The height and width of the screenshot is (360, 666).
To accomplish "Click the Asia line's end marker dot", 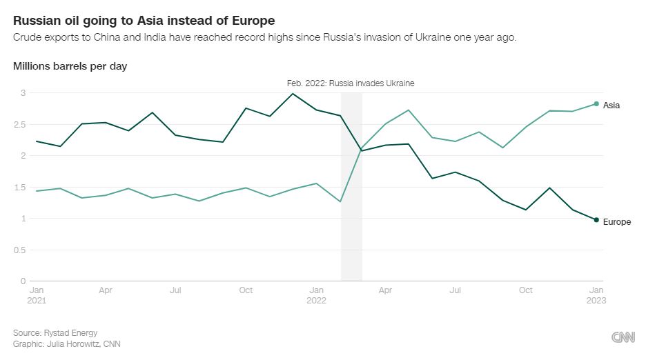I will (596, 104).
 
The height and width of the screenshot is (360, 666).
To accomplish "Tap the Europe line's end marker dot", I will (596, 220).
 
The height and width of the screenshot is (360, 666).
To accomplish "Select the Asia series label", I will (611, 106).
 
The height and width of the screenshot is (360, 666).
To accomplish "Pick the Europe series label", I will (617, 222).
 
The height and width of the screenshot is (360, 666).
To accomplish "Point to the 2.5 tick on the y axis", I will (19, 124).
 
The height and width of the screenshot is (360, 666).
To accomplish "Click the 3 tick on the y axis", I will (22, 92).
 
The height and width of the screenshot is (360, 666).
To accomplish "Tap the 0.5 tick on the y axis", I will (19, 250).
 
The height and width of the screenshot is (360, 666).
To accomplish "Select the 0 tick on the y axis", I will (22, 281).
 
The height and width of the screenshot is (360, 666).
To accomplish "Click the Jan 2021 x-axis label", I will (37, 295).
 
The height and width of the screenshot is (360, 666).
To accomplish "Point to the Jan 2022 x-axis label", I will (316, 295).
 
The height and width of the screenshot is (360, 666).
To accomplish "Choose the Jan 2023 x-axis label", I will (596, 295).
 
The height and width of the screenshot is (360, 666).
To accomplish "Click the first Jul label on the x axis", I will (176, 290).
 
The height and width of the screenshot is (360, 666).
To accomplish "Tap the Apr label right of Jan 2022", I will (385, 290).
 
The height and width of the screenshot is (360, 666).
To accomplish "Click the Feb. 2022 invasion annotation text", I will (351, 83).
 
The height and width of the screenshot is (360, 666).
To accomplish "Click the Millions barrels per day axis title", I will (70, 66).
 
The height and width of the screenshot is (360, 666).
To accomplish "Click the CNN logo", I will (623, 337).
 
